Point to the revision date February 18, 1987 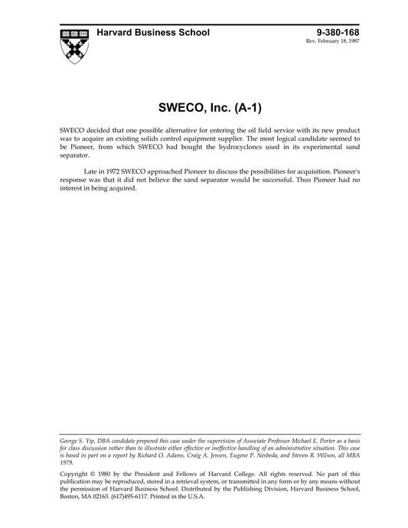click(344, 41)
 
